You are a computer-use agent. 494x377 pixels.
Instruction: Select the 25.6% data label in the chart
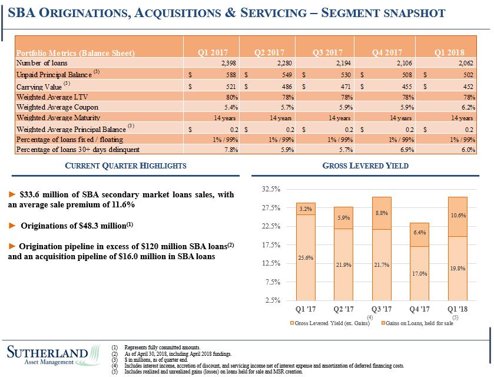pos(306,257)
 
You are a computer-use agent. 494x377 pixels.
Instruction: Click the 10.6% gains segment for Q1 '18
pos(457,216)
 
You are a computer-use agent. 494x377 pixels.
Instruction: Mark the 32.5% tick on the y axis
pos(272,189)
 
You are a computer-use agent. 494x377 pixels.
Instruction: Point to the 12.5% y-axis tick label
pos(272,263)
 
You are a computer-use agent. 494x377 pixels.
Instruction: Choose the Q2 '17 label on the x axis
pos(343,309)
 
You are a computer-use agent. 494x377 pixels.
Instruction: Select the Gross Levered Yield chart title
pos(366,166)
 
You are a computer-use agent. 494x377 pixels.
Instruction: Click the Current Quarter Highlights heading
pos(125,166)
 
